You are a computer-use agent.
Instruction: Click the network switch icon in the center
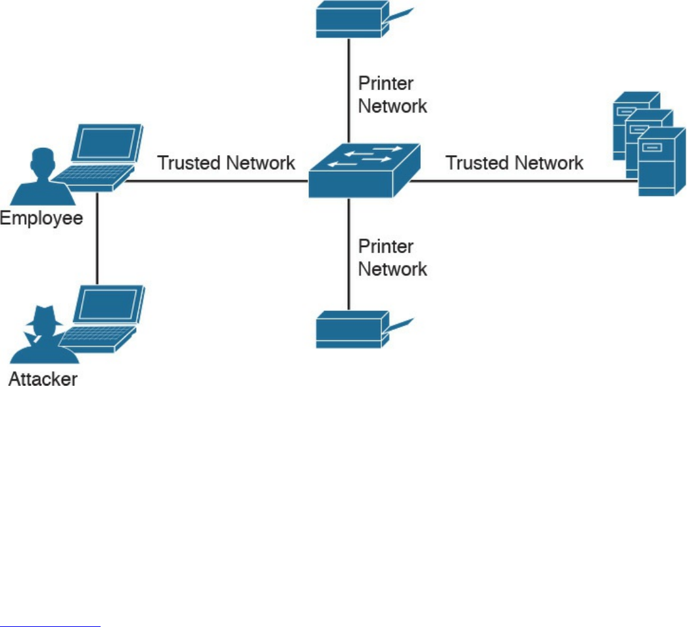point(364,170)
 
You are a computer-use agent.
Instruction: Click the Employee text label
point(41,218)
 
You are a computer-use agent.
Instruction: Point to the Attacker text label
point(43,379)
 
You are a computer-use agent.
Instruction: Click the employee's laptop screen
point(107,143)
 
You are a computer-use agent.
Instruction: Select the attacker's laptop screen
point(108,304)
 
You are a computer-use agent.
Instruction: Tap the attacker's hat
point(44,315)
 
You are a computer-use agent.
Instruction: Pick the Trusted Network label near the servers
point(514,163)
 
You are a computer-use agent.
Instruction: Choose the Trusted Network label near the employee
point(226,163)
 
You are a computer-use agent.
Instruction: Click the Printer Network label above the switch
point(392,95)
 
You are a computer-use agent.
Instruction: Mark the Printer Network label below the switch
point(392,258)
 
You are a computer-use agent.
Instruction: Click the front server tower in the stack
point(661,162)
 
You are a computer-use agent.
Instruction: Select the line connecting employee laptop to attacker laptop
point(97,238)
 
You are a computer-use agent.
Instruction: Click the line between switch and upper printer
point(348,91)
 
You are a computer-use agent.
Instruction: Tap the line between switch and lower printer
point(348,254)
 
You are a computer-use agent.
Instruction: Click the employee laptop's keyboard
point(93,177)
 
